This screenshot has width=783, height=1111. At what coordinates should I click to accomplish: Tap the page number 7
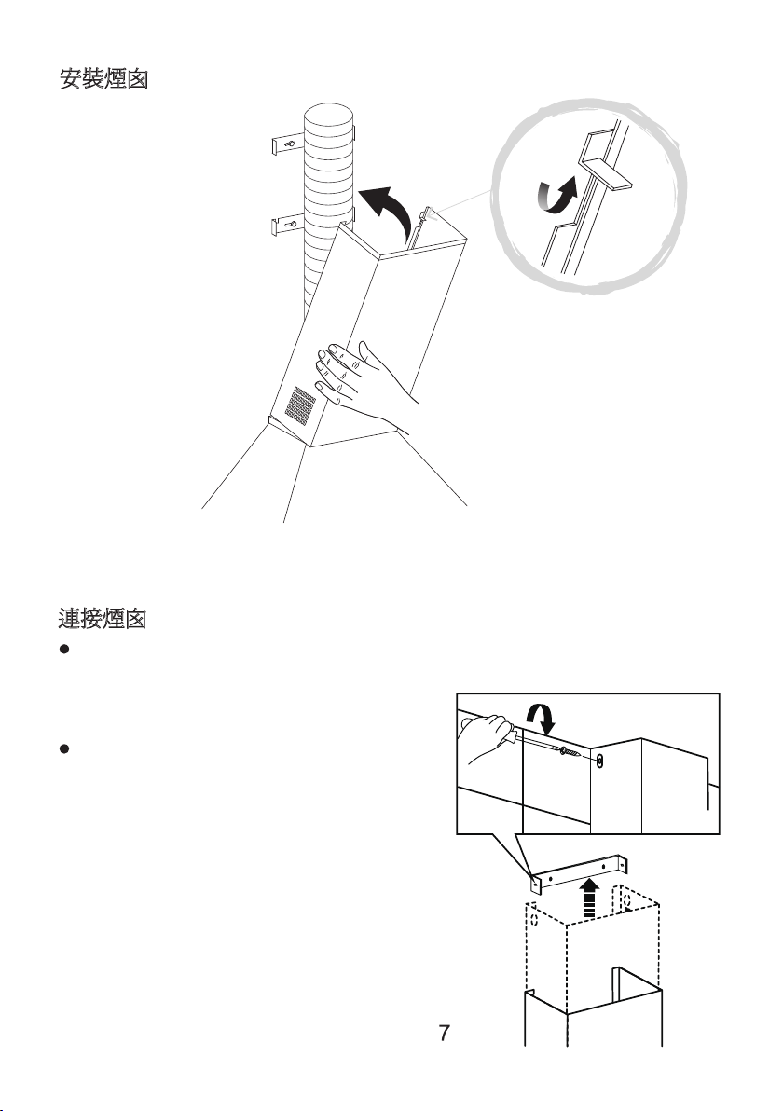tap(446, 1033)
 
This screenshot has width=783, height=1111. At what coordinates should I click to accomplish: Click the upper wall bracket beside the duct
tap(286, 144)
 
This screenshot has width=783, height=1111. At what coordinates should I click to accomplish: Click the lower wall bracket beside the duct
tap(287, 225)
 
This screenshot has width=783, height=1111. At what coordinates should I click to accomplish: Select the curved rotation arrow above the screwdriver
tap(541, 721)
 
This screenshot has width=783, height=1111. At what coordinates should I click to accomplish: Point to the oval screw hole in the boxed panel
tap(601, 761)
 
